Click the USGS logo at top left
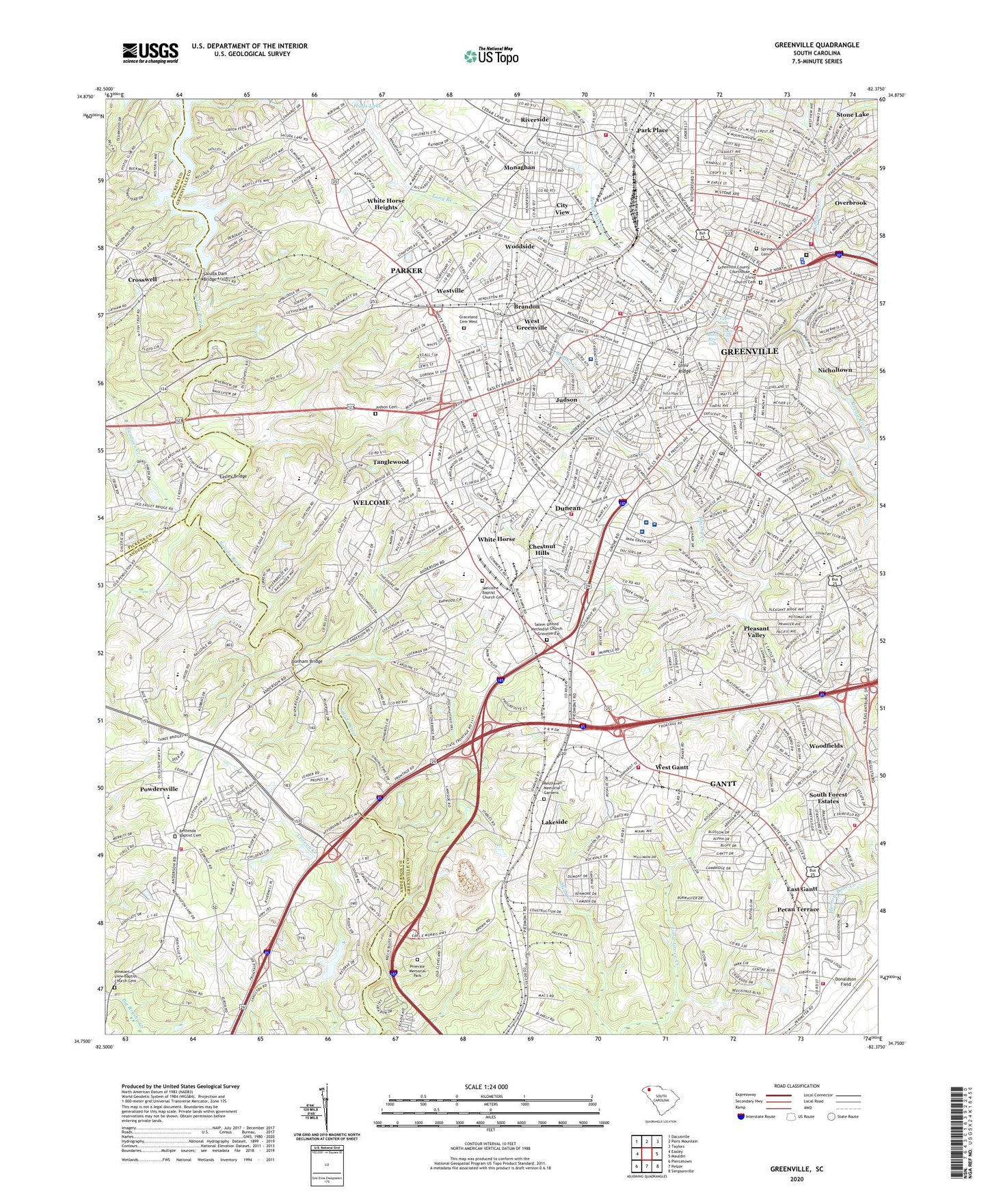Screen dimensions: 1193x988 [x=150, y=53]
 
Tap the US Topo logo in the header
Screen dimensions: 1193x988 [x=490, y=56]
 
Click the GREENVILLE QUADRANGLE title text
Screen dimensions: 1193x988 [x=816, y=45]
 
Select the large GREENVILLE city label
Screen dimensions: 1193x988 [x=749, y=351]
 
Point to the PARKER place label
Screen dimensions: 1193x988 [x=406, y=271]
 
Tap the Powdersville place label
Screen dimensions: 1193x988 [x=159, y=789]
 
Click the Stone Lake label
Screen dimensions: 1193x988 [x=853, y=115]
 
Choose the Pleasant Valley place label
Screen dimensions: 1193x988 [x=756, y=631]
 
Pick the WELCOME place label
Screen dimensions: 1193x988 [x=371, y=502]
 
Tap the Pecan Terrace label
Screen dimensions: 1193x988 [x=798, y=910]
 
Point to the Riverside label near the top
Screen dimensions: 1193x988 [x=534, y=120]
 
